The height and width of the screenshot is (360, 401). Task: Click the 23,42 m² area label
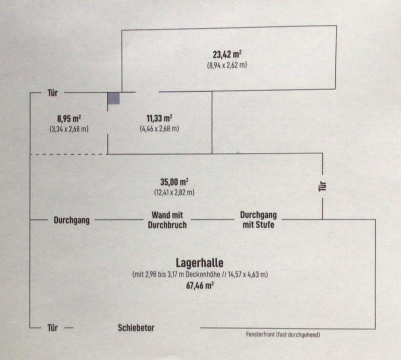coord(228,55)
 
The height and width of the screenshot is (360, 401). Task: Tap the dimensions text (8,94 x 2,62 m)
coord(227,65)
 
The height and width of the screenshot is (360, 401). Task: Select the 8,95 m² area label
coord(69,119)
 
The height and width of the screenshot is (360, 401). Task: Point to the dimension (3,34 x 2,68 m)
coord(69,128)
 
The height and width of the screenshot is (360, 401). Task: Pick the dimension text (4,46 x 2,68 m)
coord(159,128)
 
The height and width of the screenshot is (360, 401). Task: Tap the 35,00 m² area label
coord(174,182)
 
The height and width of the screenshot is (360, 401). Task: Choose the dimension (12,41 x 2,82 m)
coord(174,192)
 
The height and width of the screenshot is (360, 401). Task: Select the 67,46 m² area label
coord(199,285)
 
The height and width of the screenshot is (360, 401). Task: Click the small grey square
coord(114,98)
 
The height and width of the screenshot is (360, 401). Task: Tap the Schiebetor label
coord(136,328)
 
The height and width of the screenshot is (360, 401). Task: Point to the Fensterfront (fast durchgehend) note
coord(282,335)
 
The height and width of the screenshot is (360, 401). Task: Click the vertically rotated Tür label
coord(322,187)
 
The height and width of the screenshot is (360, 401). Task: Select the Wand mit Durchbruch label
coord(167,220)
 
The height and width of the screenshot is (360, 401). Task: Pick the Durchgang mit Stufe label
coord(258,220)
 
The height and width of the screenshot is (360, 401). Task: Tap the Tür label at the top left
coord(52,93)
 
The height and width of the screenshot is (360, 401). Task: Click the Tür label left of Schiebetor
coord(52,328)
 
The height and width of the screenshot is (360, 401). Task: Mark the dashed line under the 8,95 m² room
coord(69,154)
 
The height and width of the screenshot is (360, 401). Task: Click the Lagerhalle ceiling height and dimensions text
coord(200,274)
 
